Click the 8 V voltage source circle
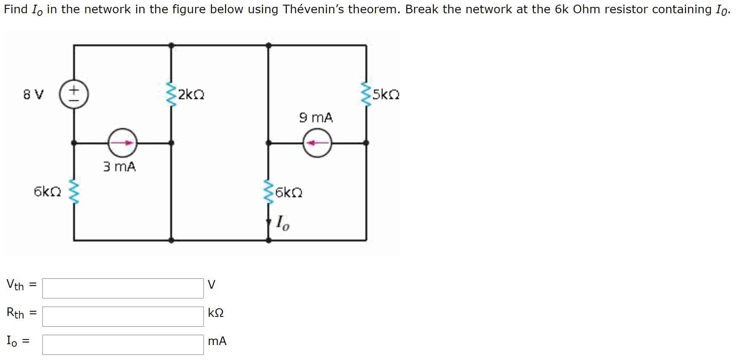(74, 94)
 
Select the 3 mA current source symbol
(123, 143)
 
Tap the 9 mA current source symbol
(317, 143)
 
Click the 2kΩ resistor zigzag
(171, 94)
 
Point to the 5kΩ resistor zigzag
(366, 94)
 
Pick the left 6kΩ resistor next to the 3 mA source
(74, 192)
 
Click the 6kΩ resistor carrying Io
(269, 192)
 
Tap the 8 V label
(33, 94)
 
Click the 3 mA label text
(119, 167)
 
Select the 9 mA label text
(316, 118)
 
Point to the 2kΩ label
(191, 94)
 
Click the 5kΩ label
(386, 94)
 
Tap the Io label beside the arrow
(282, 223)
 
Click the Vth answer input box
(123, 288)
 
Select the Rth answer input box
(123, 316)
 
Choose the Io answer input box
(123, 345)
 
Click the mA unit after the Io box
(217, 341)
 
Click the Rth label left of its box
(16, 313)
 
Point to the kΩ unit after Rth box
(216, 313)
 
